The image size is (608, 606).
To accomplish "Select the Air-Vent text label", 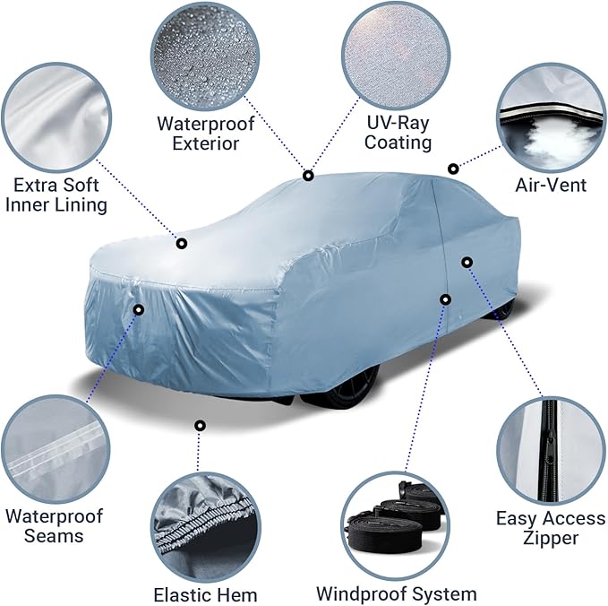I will point(551,185).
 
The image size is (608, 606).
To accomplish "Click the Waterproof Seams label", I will point(55,525).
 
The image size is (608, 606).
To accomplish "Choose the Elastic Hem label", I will point(205,594).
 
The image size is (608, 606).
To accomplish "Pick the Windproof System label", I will point(396,593).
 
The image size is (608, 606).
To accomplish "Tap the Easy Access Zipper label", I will point(550,528).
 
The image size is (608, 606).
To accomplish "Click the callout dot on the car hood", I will point(182,242).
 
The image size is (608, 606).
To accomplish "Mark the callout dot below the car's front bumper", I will point(200,425).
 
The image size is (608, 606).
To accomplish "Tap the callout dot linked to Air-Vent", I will point(453,168).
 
